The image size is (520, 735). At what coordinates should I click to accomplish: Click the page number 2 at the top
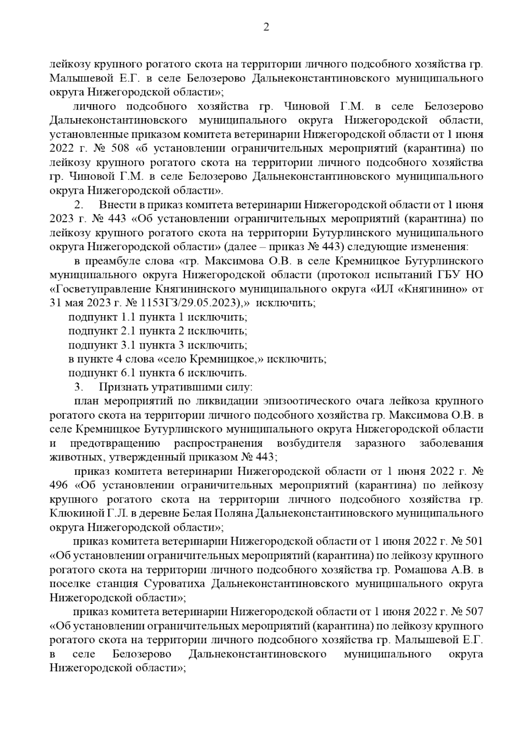coord(266,28)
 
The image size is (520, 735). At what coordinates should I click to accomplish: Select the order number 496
coord(58,485)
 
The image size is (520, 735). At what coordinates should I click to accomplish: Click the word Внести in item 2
coord(113,205)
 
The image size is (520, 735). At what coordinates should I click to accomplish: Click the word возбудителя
coord(308,443)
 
